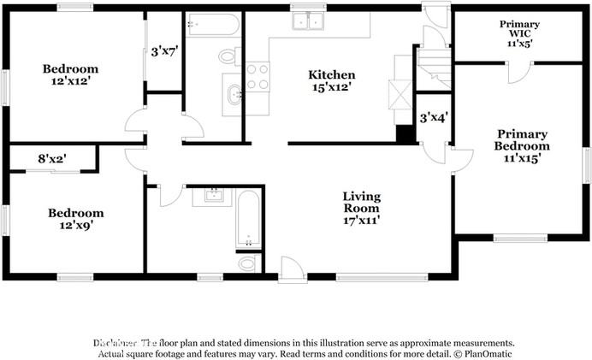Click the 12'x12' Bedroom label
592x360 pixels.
point(70,75)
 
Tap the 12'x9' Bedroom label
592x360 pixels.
point(75,220)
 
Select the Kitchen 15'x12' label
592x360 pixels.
point(331,81)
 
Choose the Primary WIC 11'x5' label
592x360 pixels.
point(519,31)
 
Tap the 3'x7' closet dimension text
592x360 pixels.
point(163,51)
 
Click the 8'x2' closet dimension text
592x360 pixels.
point(52,158)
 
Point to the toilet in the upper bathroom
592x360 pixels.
point(228,56)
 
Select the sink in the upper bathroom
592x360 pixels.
point(232,94)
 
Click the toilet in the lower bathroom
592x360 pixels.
point(247,263)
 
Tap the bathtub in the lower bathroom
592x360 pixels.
point(247,219)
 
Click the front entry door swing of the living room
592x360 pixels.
point(290,267)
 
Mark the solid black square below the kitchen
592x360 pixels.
point(404,134)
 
